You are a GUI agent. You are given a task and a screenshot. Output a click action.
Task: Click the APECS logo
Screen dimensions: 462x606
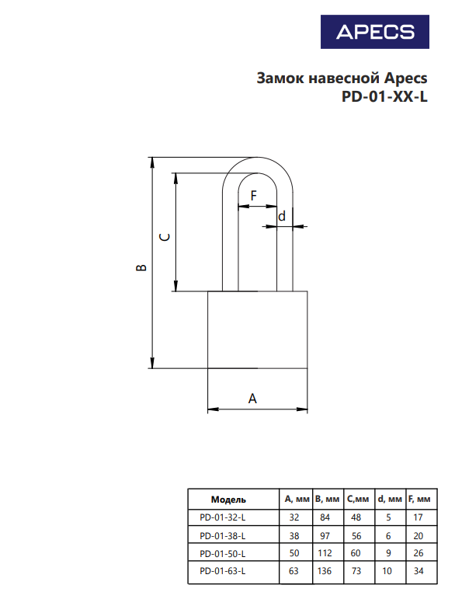point(375,32)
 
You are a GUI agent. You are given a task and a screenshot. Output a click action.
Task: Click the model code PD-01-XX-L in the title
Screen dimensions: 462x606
point(384,96)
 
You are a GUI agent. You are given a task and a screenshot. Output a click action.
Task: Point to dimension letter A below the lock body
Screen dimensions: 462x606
point(252,398)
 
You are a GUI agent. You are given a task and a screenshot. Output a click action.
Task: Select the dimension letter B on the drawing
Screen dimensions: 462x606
point(141,267)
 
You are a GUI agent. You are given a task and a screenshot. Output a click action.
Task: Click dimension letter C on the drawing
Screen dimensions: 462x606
point(165,237)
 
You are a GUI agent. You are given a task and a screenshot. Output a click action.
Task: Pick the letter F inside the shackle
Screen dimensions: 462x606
point(253,196)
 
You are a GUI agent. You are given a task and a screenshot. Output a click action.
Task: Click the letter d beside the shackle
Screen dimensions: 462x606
point(282,216)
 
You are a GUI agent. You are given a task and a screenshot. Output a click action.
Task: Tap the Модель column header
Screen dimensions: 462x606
point(228,500)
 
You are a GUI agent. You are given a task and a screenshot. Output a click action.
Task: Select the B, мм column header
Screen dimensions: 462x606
point(327,499)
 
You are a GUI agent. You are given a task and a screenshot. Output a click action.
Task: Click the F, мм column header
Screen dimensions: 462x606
point(419,499)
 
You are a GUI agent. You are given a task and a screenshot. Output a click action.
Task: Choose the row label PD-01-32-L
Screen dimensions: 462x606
point(223,517)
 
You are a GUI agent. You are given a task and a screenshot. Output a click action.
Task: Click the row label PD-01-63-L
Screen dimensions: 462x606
point(223,571)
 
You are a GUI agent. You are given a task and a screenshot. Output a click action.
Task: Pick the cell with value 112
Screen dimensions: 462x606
point(325,553)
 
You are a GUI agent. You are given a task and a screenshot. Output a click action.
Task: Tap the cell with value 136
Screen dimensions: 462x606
point(325,571)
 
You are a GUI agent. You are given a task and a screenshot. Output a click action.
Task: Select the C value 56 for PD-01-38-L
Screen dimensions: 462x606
point(356,536)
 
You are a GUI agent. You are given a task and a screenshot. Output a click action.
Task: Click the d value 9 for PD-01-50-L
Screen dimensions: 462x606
point(388,553)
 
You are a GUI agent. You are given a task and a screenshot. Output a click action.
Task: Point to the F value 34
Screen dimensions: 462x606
point(419,571)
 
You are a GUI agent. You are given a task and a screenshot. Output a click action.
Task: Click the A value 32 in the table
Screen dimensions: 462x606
point(294,517)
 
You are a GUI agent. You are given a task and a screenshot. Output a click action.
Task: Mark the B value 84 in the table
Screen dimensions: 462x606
point(325,517)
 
